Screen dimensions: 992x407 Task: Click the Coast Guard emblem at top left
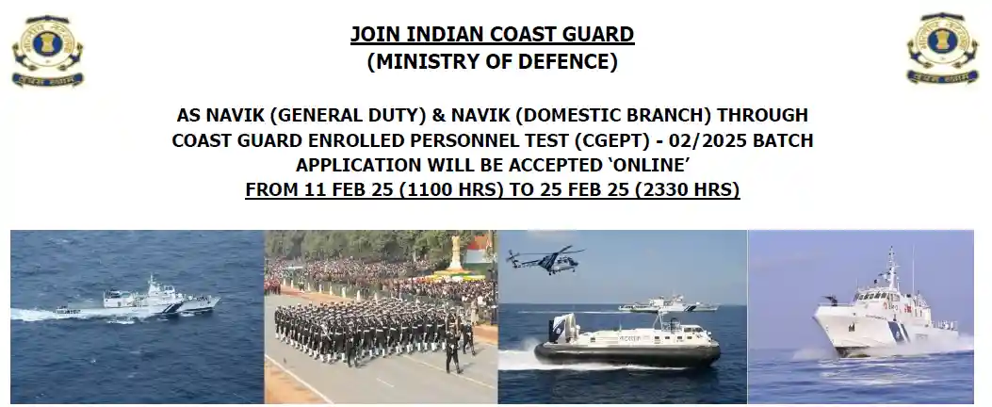point(47,50)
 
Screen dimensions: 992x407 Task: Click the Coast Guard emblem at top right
point(943,48)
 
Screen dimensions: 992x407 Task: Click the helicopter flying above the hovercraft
point(545,259)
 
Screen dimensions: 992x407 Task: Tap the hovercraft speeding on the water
point(627,342)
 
